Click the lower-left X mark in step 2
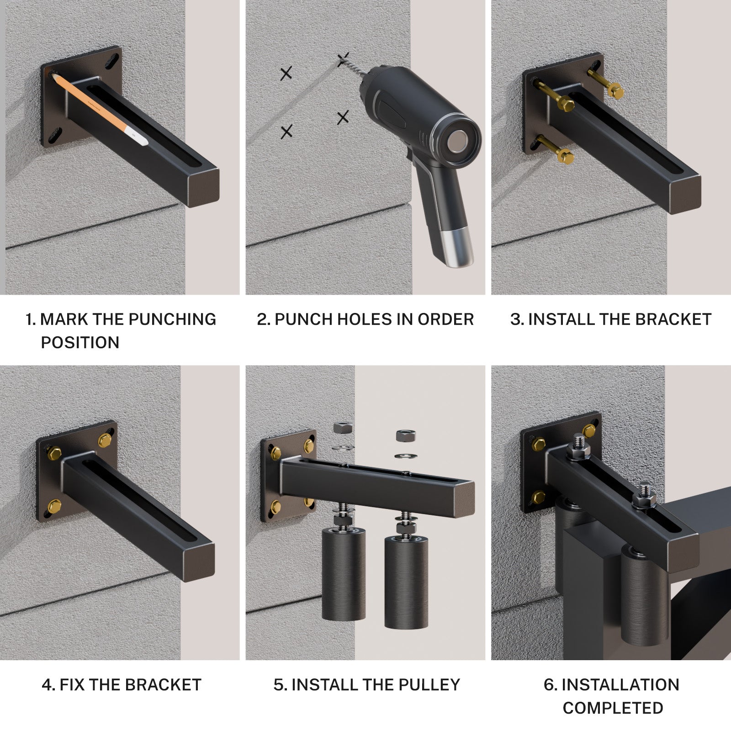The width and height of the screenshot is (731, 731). click(286, 132)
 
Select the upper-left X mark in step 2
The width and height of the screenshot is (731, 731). click(286, 73)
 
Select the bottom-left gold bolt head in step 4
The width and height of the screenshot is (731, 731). click(55, 505)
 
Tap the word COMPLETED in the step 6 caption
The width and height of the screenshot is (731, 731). click(613, 708)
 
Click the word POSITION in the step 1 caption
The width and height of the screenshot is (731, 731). click(80, 342)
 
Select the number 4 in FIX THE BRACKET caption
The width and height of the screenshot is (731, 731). click(47, 685)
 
